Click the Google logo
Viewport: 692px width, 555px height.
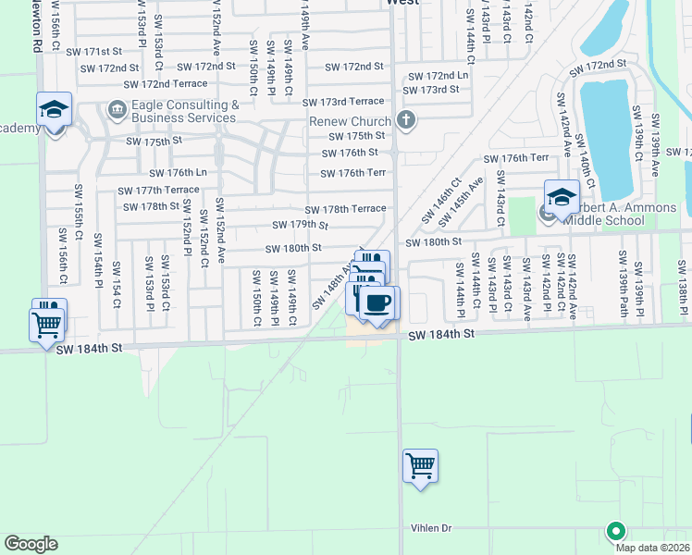point(31,544)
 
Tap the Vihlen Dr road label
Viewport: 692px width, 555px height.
point(431,528)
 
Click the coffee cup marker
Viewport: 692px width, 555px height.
point(377,302)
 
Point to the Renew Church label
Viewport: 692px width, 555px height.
point(351,122)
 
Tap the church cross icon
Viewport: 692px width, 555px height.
point(404,119)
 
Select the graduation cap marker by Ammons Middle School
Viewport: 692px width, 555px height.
point(561,197)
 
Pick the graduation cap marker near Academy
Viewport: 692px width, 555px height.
point(54,110)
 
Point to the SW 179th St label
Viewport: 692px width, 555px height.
point(301,225)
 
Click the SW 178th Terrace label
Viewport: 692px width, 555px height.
point(345,209)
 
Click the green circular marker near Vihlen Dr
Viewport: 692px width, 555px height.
point(614,531)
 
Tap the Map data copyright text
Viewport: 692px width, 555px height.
point(653,548)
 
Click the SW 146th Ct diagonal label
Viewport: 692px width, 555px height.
point(441,202)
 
